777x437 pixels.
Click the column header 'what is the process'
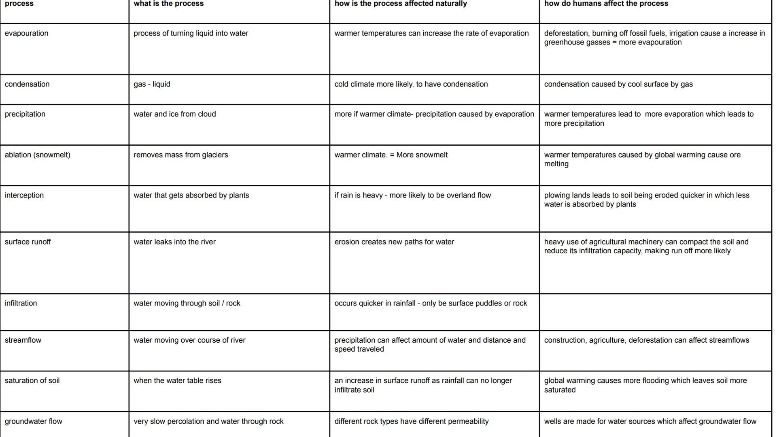pyautogui.click(x=169, y=4)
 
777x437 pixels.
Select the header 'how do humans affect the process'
pyautogui.click(x=606, y=4)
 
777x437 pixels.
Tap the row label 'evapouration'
pyautogui.click(x=26, y=33)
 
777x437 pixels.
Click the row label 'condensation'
pyautogui.click(x=27, y=84)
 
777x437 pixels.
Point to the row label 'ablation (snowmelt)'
pyautogui.click(x=37, y=155)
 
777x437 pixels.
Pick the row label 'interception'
pyautogui.click(x=24, y=195)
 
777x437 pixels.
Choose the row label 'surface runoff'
pyautogui.click(x=28, y=242)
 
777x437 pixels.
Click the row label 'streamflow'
pyautogui.click(x=23, y=340)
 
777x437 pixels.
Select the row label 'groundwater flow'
pyautogui.click(x=34, y=421)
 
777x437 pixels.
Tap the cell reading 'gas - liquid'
pyautogui.click(x=152, y=84)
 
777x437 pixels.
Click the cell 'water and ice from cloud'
pyautogui.click(x=175, y=114)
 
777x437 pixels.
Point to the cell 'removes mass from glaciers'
pyautogui.click(x=181, y=155)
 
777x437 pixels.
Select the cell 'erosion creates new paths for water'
pyautogui.click(x=394, y=242)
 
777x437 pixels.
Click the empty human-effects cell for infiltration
pyautogui.click(x=655, y=312)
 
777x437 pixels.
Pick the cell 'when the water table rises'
pyautogui.click(x=177, y=380)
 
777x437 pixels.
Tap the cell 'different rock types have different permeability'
pyautogui.click(x=412, y=421)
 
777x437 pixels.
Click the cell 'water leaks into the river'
pyautogui.click(x=174, y=242)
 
